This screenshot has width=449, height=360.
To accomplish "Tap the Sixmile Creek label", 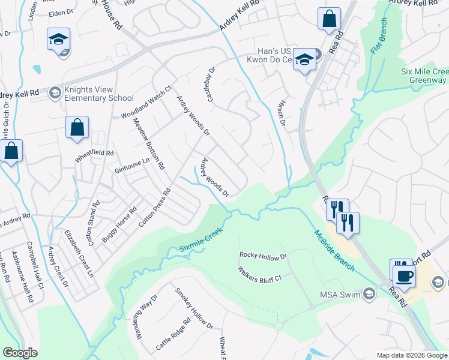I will [x=200, y=239].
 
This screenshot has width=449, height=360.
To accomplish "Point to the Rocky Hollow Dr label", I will [x=263, y=257].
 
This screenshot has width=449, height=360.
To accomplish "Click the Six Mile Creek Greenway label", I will [x=425, y=76].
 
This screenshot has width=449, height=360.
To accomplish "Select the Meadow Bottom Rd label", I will [x=148, y=143].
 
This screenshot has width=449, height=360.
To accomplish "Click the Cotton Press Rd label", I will [x=155, y=208].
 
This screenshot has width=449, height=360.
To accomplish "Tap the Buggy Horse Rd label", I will [x=119, y=224].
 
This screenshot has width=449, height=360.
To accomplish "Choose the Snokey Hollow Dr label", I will [x=194, y=308].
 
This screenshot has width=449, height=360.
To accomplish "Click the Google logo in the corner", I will [x=20, y=353].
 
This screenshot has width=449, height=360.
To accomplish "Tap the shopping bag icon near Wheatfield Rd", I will [x=77, y=127].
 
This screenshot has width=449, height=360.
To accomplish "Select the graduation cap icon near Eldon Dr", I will [x=59, y=40].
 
